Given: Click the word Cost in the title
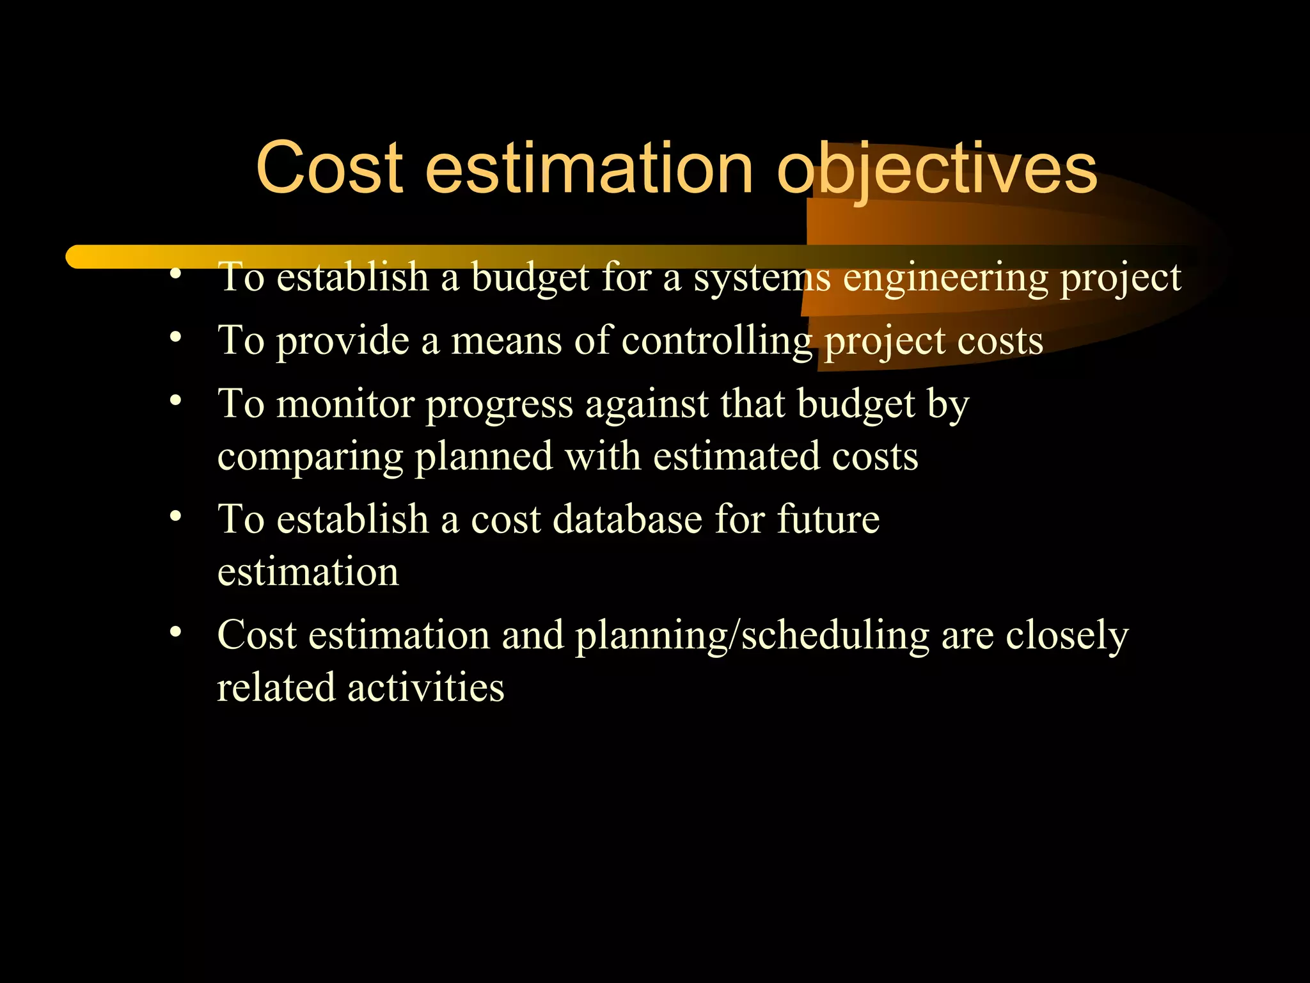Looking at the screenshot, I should click(329, 168).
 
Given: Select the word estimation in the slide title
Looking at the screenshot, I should click(589, 168).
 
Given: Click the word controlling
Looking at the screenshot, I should click(716, 340).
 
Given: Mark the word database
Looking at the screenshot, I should click(627, 519).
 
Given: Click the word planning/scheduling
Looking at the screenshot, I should click(752, 637).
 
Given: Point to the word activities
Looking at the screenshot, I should click(425, 688).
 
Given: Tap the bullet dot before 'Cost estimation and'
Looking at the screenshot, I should click(176, 632).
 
